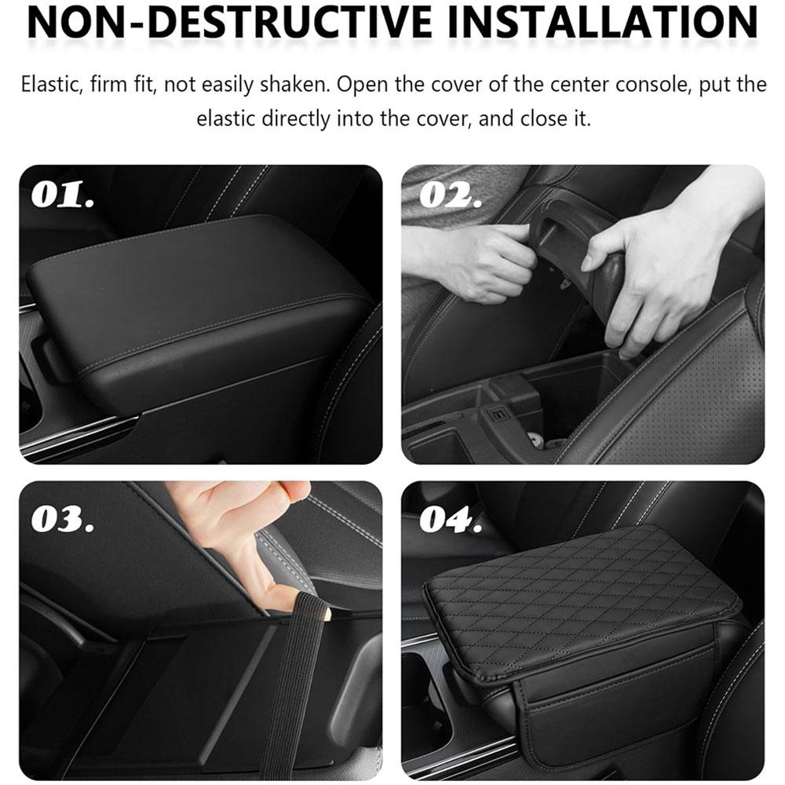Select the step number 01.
coord(64,195)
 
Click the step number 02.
coord(451,195)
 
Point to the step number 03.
coord(64,520)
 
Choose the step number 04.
coord(451,520)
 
